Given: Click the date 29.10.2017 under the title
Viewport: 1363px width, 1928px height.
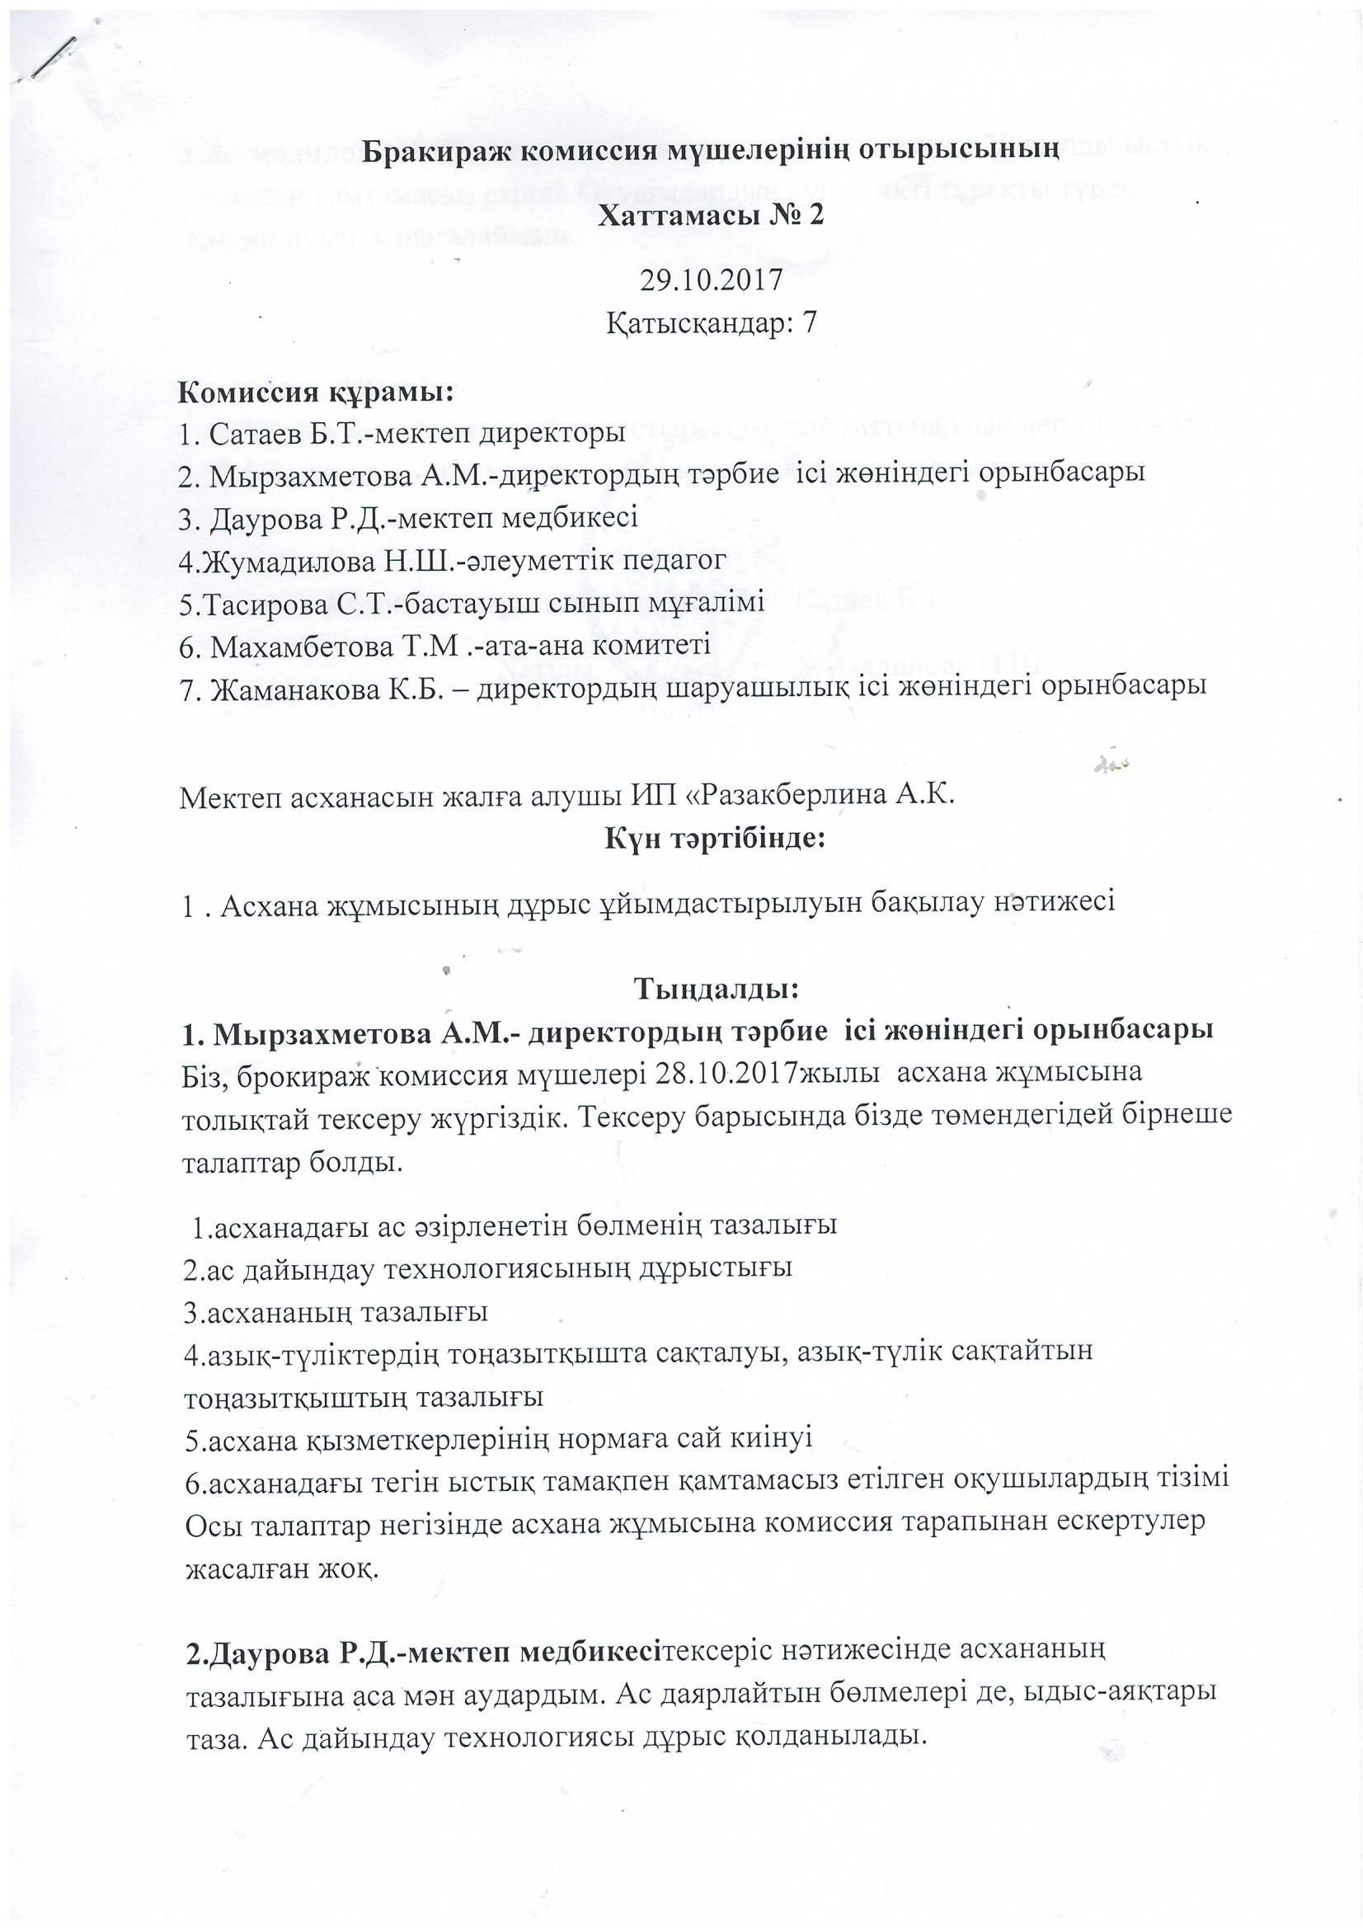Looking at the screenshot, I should (x=711, y=280).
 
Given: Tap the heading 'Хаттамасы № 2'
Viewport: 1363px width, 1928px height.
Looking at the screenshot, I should (x=711, y=216).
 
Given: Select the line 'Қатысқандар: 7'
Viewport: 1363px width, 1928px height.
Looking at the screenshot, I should (x=711, y=323).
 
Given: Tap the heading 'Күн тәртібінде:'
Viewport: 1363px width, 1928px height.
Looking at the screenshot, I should (x=715, y=838).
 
